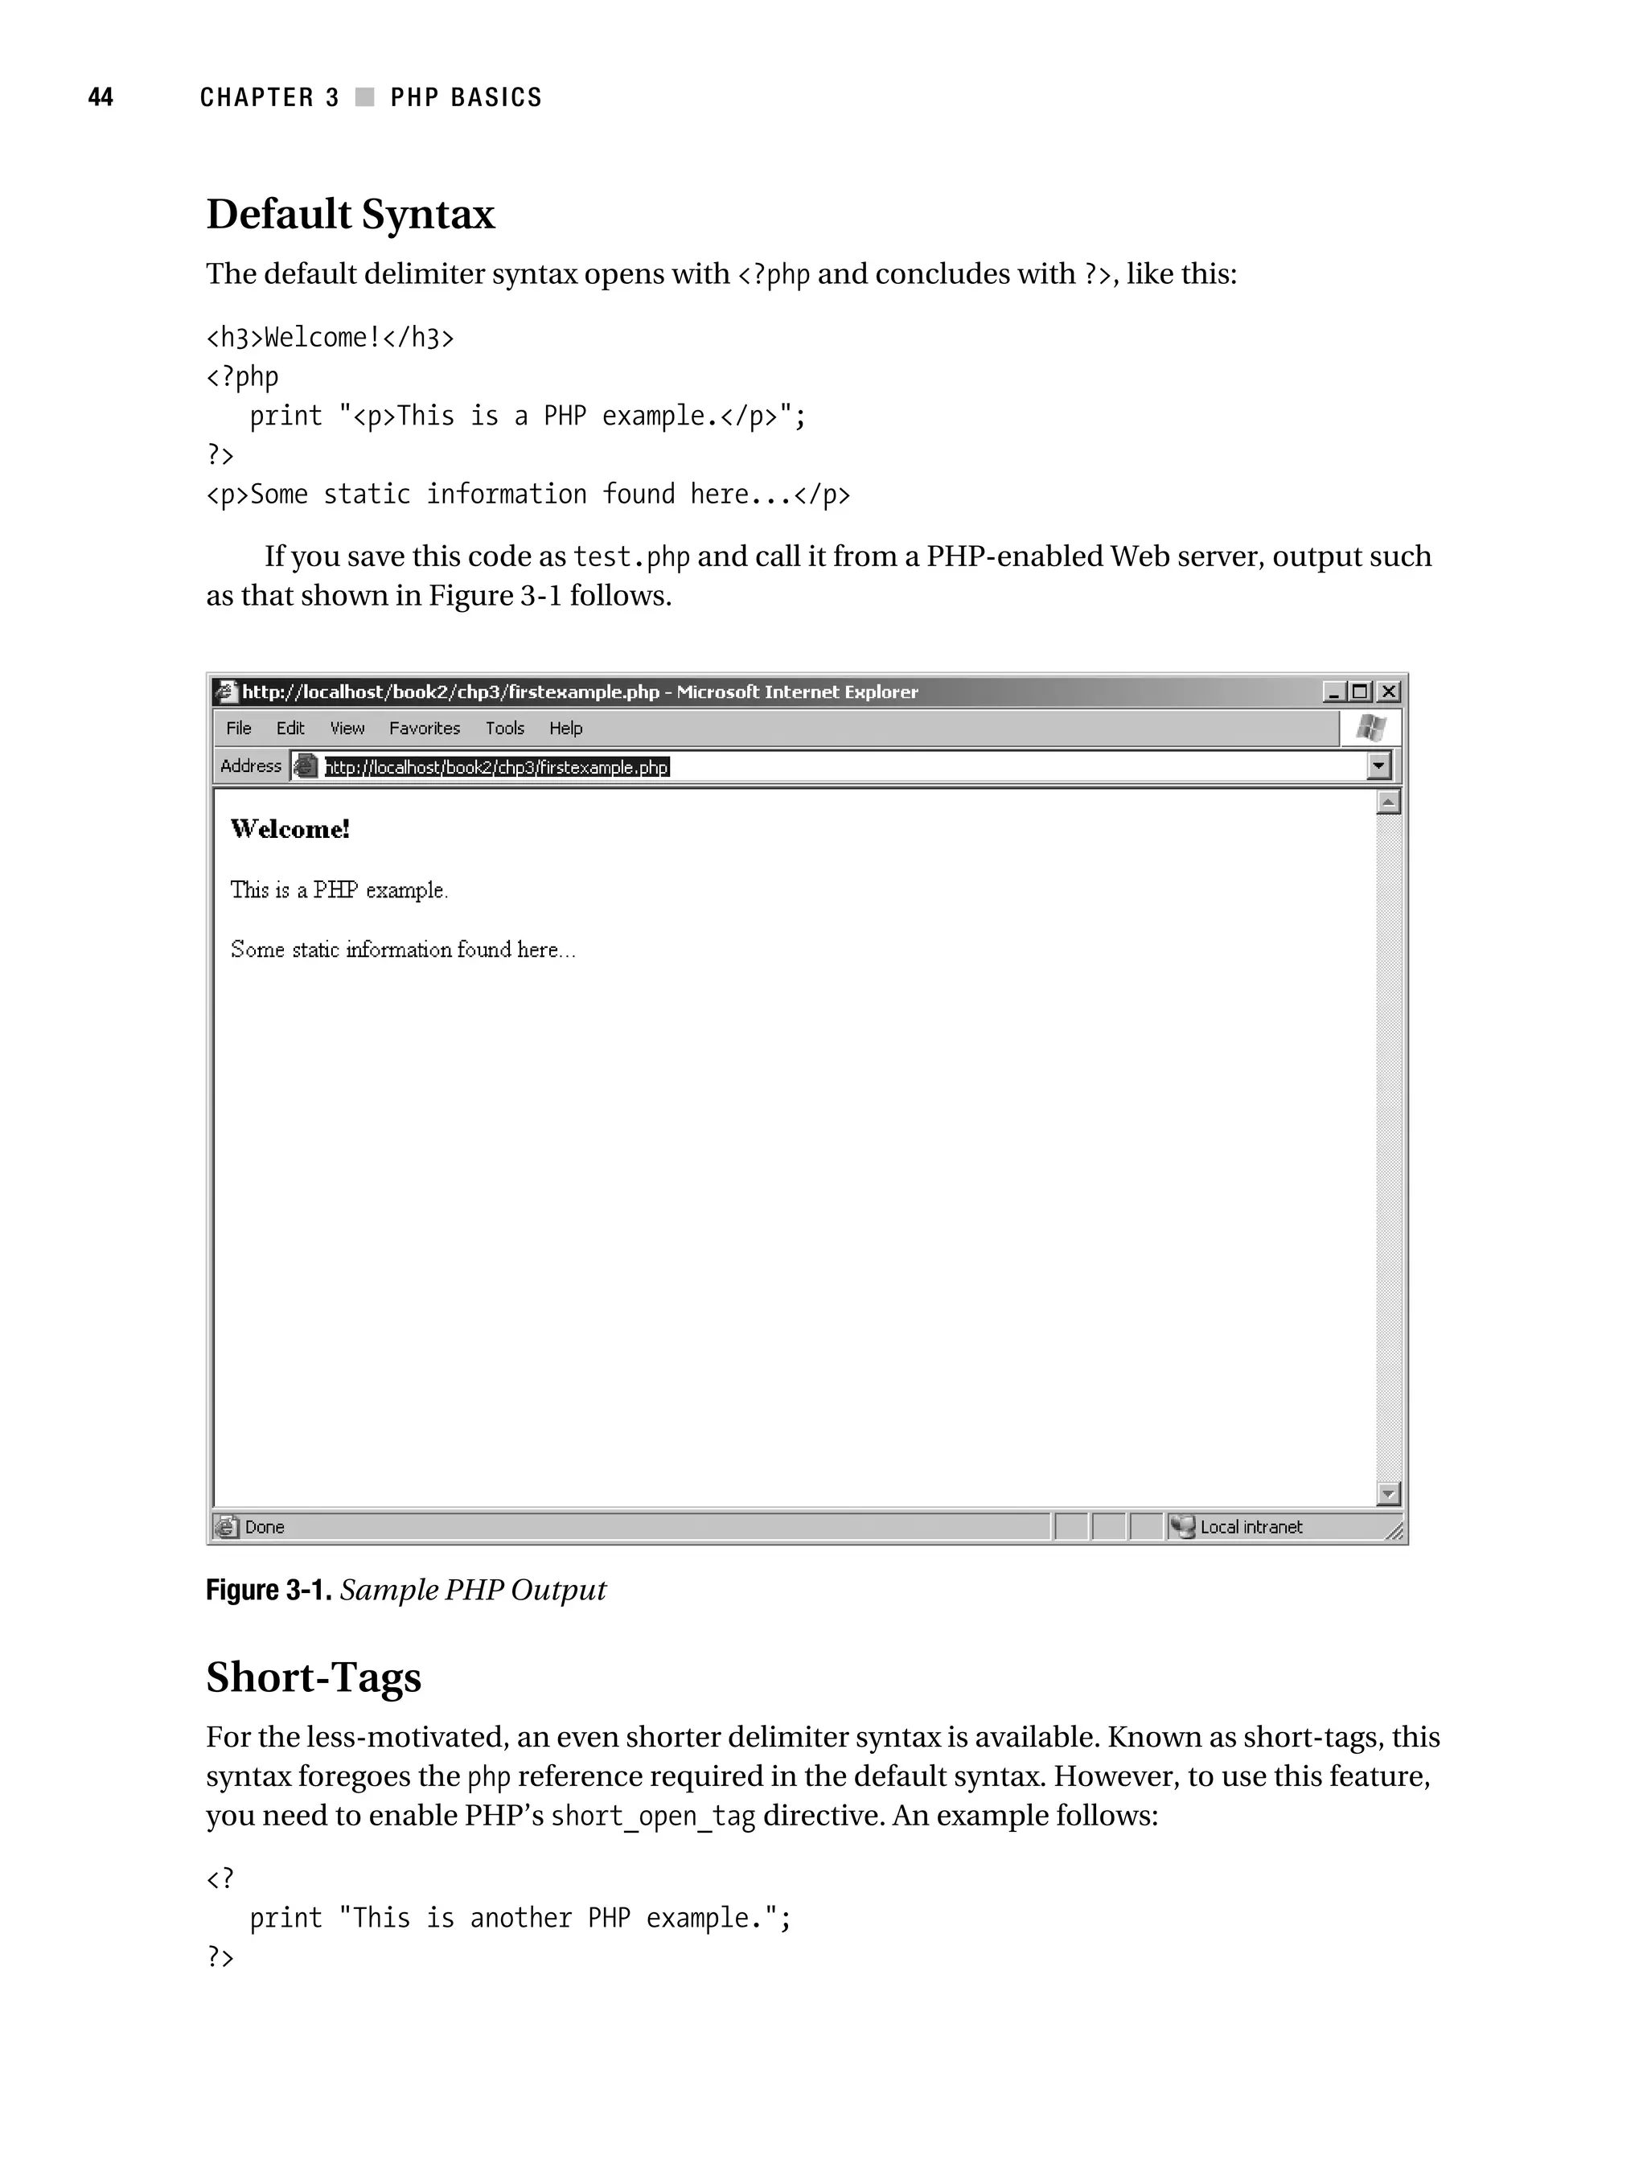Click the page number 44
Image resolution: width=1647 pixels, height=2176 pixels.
[101, 97]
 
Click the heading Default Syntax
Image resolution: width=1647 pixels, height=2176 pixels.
[351, 215]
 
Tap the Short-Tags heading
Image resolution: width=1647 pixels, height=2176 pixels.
[313, 1677]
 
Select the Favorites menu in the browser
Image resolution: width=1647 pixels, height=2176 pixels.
[424, 728]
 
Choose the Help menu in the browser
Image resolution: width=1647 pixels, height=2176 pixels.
[565, 728]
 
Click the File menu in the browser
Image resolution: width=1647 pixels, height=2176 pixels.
[239, 728]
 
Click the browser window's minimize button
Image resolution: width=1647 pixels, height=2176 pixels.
[1333, 692]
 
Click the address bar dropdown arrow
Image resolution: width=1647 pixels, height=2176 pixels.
[1378, 766]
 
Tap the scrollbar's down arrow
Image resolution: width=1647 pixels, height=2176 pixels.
[1387, 1494]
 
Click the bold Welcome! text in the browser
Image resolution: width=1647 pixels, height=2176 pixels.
[290, 829]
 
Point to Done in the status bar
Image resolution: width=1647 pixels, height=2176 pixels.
[264, 1527]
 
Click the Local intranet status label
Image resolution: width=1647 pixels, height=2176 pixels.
[1251, 1527]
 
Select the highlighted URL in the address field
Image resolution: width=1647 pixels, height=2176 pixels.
[497, 767]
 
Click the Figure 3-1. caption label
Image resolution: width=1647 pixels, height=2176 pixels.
[269, 1591]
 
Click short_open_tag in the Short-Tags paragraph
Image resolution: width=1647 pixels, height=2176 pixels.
[652, 1816]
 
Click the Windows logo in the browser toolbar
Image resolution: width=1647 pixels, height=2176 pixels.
[1370, 728]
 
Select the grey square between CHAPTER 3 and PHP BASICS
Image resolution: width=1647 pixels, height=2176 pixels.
[364, 97]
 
